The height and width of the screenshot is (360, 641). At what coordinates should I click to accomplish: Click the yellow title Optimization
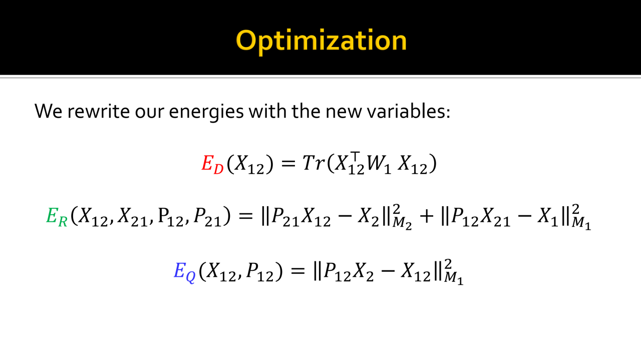(321, 41)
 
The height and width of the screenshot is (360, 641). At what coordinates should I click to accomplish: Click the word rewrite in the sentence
(99, 111)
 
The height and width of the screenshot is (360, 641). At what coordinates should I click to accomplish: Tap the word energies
(206, 112)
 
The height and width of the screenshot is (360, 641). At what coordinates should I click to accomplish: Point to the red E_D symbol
(212, 164)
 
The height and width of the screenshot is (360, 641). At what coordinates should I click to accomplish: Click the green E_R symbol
(57, 217)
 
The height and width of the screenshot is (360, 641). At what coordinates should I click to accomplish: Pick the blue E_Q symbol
(185, 271)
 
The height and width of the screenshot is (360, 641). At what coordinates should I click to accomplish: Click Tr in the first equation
(313, 163)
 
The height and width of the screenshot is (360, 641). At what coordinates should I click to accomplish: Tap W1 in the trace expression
(379, 165)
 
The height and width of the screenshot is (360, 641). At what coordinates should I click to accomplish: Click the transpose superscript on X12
(355, 156)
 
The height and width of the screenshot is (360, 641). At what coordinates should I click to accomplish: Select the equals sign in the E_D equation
(288, 164)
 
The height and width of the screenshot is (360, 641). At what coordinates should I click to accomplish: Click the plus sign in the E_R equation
(426, 216)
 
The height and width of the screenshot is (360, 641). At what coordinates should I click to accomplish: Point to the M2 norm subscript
(402, 224)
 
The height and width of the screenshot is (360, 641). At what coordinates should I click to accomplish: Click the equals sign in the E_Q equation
(297, 271)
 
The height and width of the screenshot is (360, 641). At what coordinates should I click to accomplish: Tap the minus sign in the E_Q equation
(388, 271)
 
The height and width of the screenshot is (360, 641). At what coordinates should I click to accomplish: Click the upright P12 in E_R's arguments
(171, 217)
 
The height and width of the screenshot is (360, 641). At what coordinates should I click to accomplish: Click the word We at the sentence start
(49, 111)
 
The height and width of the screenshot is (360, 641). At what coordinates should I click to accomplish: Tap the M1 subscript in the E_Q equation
(454, 279)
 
